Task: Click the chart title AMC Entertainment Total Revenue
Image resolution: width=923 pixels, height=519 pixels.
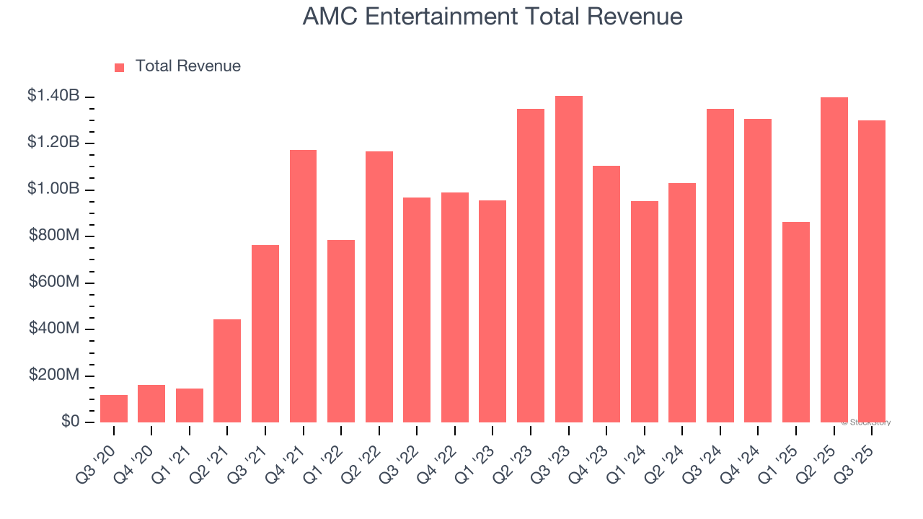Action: (492, 17)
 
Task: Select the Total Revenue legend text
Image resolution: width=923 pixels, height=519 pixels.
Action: (187, 66)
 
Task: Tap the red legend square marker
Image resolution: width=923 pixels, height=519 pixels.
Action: (120, 67)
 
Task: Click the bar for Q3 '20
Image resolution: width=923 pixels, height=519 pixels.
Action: (114, 409)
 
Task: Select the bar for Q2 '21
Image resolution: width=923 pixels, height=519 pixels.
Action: (227, 371)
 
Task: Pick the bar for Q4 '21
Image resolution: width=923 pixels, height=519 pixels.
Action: (303, 286)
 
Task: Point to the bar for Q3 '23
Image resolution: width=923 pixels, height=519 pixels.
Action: (568, 259)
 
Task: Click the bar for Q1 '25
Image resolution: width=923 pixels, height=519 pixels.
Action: (796, 322)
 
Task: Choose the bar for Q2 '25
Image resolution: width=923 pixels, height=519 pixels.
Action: (834, 260)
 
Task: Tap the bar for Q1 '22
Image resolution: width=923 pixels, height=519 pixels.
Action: (341, 331)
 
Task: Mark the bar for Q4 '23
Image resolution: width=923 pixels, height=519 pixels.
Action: (606, 294)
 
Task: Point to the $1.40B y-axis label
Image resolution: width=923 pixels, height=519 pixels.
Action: (53, 95)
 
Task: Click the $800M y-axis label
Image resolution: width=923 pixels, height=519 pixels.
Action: (54, 235)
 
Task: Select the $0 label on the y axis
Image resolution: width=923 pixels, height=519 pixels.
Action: (70, 421)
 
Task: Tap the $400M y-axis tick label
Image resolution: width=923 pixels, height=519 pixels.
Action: (54, 328)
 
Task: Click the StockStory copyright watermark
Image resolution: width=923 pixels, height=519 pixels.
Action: (865, 422)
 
